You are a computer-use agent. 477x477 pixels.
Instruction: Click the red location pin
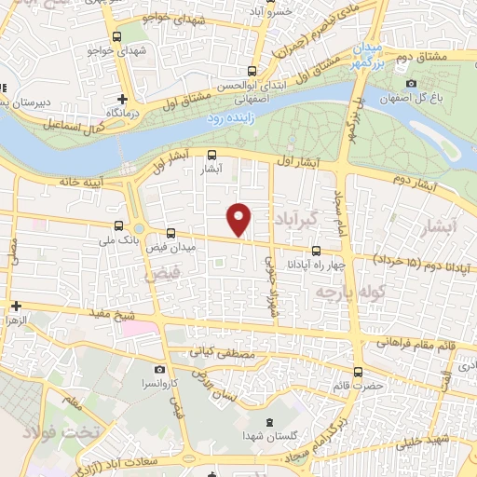tap(239, 218)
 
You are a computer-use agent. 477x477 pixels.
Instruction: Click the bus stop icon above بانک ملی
tap(118, 225)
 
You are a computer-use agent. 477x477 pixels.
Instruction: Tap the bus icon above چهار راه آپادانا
tap(316, 250)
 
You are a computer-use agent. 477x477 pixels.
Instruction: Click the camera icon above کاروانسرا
tap(159, 370)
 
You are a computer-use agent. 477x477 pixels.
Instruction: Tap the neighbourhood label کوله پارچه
tap(343, 293)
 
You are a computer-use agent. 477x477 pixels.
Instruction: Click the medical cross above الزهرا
tap(16, 306)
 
